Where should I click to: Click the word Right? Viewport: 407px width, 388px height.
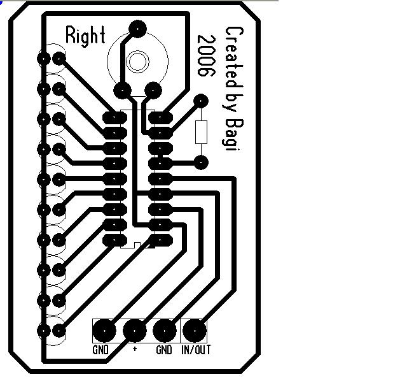click(x=85, y=36)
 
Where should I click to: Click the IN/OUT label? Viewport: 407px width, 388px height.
click(x=196, y=350)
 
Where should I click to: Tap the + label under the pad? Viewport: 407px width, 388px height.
click(x=135, y=350)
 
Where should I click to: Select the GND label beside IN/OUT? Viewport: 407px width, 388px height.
click(x=164, y=350)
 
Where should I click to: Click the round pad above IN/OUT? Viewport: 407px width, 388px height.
click(x=195, y=331)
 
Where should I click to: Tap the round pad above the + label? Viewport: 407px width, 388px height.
click(x=134, y=331)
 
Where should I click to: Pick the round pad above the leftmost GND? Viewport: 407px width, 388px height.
click(x=104, y=331)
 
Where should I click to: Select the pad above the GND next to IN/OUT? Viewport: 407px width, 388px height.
click(x=165, y=331)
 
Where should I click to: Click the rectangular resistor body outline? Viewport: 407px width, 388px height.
click(x=202, y=131)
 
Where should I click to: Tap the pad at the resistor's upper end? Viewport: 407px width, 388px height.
click(x=202, y=100)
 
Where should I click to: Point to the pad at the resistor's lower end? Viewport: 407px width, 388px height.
click(x=202, y=162)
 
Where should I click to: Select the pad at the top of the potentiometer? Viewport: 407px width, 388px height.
click(x=137, y=28)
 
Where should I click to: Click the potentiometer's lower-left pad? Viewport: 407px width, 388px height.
click(x=122, y=90)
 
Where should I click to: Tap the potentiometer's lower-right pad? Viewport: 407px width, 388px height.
click(x=153, y=90)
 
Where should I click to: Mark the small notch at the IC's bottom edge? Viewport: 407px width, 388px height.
click(x=137, y=244)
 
